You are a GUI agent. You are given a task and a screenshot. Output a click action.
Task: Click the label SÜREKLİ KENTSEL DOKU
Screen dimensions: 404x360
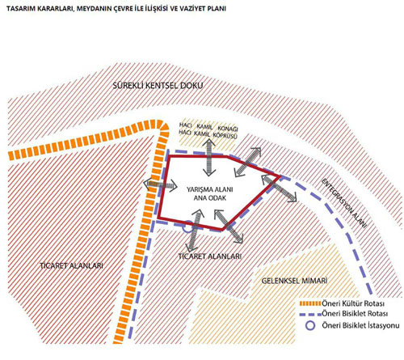158,86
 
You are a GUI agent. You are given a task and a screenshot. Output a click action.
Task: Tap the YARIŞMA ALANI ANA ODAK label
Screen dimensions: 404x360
209,193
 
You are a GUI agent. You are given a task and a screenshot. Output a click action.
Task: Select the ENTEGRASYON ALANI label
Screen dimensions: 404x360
344,203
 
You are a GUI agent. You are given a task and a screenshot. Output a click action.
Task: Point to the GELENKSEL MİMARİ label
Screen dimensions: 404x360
294,281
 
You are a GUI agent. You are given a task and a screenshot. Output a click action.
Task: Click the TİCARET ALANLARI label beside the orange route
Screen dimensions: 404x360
71,265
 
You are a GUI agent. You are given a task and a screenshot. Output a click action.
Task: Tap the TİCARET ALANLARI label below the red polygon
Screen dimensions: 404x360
210,256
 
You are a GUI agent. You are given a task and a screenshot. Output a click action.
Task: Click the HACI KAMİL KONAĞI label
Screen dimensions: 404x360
208,127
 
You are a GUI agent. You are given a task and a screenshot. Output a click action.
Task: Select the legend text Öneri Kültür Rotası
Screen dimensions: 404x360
353,303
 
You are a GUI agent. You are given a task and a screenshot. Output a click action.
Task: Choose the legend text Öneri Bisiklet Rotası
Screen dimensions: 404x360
355,314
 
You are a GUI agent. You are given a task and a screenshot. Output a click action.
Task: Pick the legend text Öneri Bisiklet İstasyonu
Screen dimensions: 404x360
360,325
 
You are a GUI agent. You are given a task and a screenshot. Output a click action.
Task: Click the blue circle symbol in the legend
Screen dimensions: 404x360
310,325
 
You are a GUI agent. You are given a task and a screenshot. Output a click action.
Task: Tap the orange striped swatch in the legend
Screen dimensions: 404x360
310,303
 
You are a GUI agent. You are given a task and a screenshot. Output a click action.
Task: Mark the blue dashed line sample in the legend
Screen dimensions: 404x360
310,315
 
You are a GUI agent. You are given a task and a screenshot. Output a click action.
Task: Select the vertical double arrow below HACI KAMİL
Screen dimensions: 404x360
209,158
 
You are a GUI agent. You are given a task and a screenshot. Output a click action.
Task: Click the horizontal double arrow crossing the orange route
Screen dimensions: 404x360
160,184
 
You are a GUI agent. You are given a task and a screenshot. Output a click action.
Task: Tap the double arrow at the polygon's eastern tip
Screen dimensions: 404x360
279,188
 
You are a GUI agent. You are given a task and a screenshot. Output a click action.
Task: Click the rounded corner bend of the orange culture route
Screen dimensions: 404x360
162,128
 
